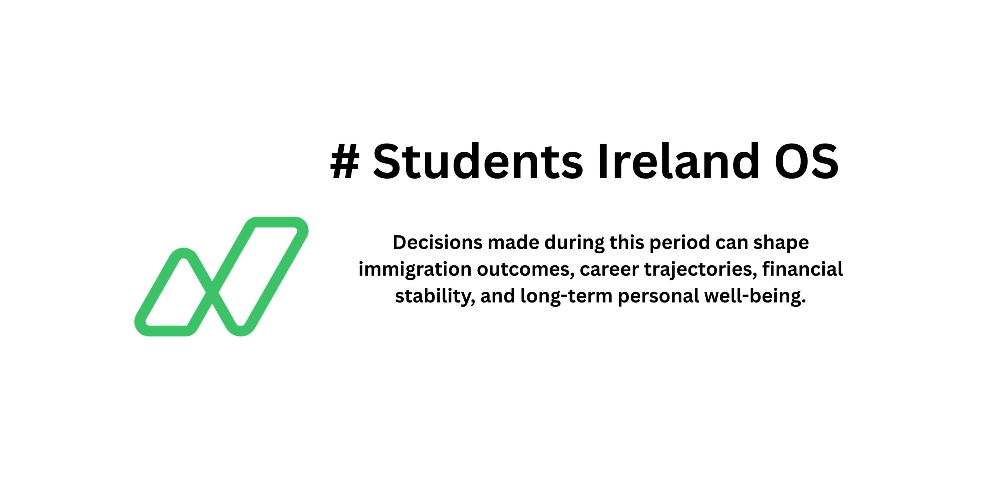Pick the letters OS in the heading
pos(806,161)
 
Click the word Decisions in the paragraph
pos(438,243)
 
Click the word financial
pos(803,269)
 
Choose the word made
pos(514,243)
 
